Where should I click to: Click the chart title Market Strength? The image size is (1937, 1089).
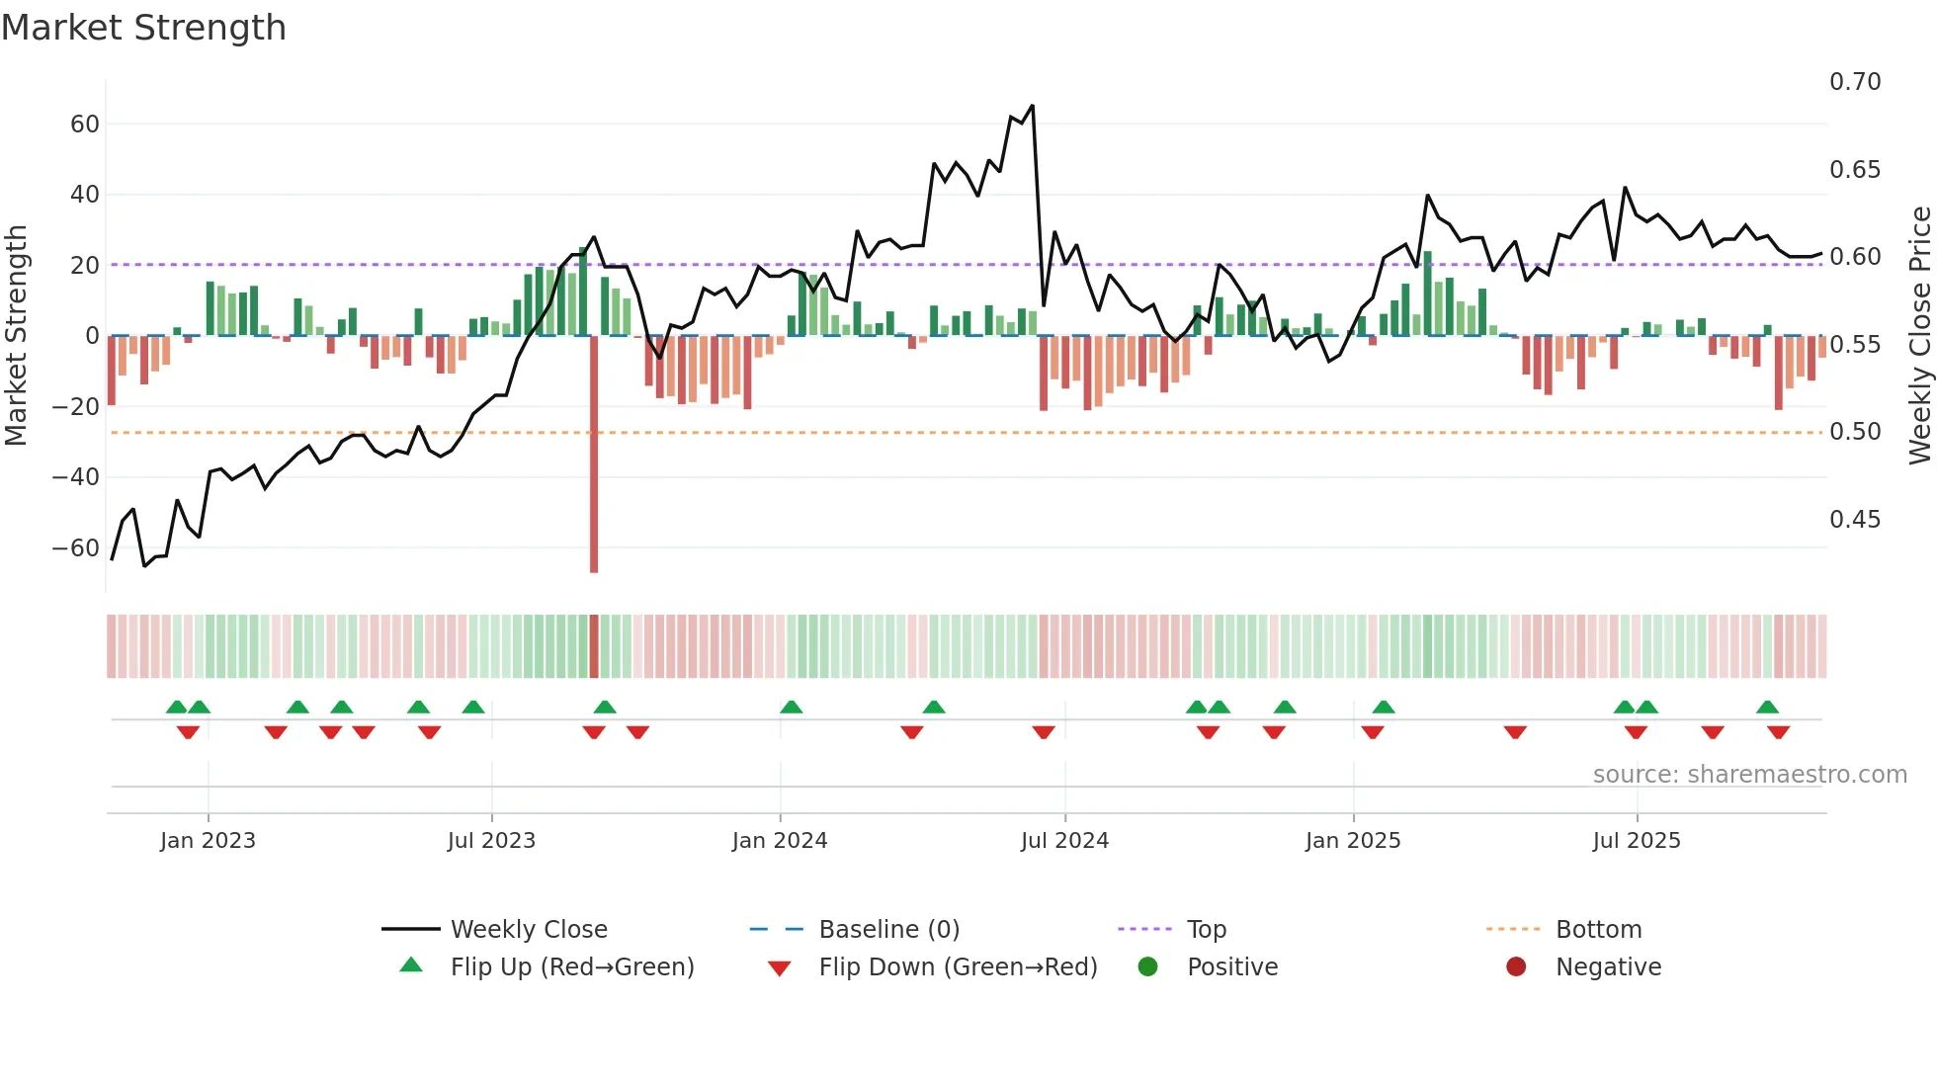click(143, 28)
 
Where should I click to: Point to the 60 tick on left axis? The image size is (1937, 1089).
click(85, 125)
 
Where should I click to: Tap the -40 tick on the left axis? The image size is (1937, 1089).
click(75, 477)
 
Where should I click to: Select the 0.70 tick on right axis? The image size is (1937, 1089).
click(1855, 82)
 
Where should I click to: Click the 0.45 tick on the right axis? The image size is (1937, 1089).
click(1855, 520)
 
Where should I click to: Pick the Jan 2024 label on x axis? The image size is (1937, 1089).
click(780, 841)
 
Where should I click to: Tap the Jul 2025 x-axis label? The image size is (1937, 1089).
click(1637, 841)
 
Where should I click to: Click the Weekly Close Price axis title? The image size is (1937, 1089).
click(1919, 336)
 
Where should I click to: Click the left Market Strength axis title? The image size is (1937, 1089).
click(16, 336)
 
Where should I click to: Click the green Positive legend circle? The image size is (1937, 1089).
click(1147, 967)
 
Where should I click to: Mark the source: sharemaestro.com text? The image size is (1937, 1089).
click(1749, 775)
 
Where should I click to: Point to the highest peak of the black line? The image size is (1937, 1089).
click(1033, 106)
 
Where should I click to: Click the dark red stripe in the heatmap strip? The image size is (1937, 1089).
click(594, 646)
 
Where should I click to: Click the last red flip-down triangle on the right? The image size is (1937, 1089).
click(1779, 732)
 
